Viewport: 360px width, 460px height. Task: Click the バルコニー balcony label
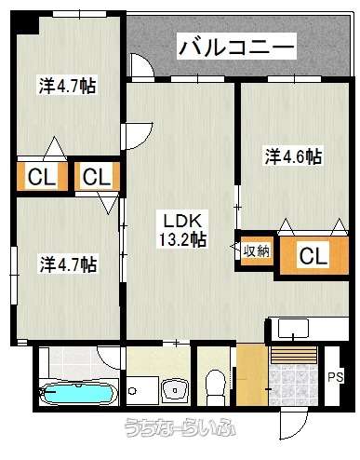tap(236, 47)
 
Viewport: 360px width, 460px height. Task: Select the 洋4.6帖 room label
tap(293, 156)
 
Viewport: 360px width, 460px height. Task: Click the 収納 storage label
tap(257, 250)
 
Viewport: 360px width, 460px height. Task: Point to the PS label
tap(336, 377)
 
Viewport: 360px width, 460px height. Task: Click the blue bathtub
tap(77, 394)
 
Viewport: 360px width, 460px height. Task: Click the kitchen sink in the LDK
tap(293, 329)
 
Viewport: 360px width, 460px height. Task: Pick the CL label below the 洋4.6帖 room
tap(313, 256)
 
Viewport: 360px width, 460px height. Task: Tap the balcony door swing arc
tap(141, 65)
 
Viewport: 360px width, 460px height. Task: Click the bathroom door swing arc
tap(109, 358)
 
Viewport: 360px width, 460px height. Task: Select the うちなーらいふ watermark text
tap(180, 427)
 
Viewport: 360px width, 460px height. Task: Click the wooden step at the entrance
tap(294, 355)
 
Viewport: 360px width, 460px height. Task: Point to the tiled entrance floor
tap(294, 385)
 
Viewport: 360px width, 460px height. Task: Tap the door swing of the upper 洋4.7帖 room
tap(140, 137)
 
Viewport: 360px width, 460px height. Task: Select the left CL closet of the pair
tap(42, 177)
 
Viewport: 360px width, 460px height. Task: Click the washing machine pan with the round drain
tap(142, 390)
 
